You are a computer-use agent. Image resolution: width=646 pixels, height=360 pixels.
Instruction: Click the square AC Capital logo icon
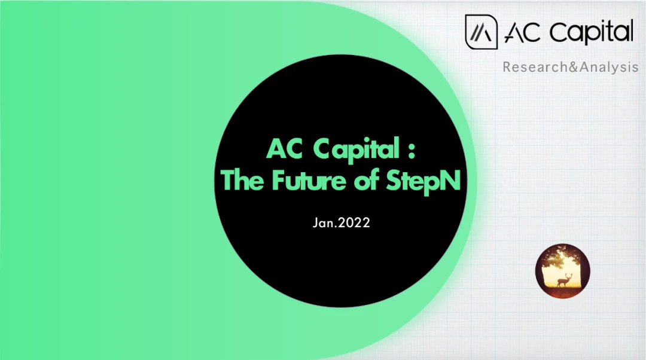481,32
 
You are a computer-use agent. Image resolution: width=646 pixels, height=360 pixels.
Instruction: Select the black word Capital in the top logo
591,32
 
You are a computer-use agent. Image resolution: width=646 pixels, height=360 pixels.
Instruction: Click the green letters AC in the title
285,148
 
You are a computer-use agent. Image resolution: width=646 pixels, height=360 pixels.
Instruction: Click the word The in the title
242,180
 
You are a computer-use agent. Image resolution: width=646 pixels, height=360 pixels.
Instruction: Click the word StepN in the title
423,181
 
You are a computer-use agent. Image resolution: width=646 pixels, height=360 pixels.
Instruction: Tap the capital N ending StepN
450,181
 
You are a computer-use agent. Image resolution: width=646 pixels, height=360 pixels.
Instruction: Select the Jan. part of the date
325,223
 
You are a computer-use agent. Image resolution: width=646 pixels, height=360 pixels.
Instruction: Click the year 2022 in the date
354,223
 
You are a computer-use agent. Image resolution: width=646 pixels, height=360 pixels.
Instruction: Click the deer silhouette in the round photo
563,280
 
